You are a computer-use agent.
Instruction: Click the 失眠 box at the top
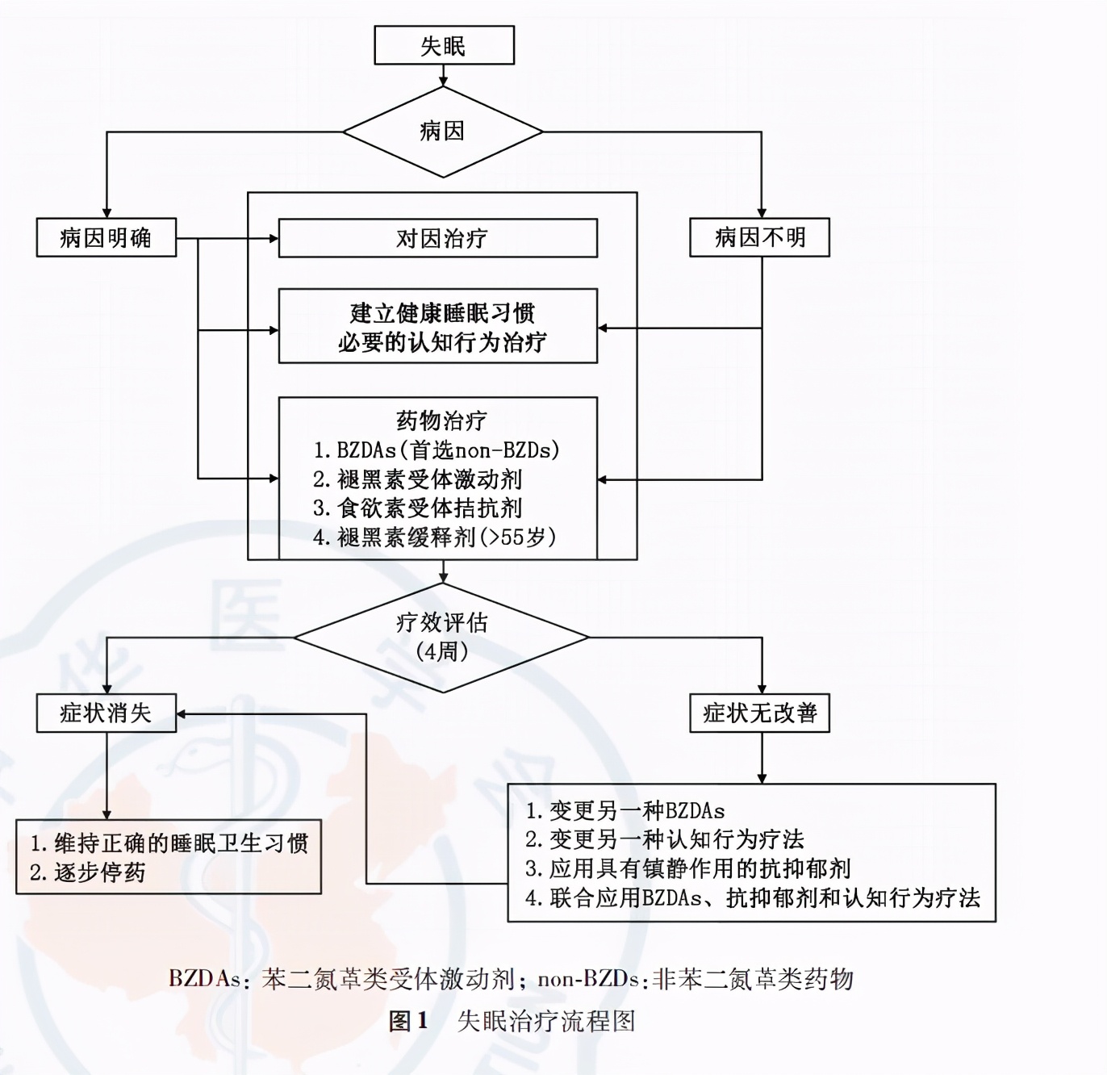pos(444,45)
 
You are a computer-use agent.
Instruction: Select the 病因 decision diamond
pos(442,131)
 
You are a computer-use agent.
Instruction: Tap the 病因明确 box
pos(106,237)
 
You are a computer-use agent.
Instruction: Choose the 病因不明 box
pos(759,237)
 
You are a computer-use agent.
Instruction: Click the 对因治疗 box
pos(438,238)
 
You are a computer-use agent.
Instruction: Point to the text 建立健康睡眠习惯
pos(441,312)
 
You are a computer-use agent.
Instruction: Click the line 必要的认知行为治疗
pos(441,342)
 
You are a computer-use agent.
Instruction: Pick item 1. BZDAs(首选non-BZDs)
pos(436,450)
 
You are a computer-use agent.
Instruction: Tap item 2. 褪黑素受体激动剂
pos(417,479)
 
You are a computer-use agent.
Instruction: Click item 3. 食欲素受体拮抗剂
pos(417,508)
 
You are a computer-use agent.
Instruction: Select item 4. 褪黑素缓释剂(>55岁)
pos(434,537)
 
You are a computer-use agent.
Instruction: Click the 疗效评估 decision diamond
pos(441,637)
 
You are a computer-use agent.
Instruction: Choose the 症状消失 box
pos(106,713)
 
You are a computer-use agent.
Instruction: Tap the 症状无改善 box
pos(759,713)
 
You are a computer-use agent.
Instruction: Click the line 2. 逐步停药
pos(88,872)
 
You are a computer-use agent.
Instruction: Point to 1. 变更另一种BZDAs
pos(625,810)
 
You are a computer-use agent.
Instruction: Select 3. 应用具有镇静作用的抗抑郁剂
pos(688,868)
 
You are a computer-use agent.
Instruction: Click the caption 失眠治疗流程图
pos(546,1021)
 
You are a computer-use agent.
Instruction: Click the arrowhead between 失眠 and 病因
pos(443,80)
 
